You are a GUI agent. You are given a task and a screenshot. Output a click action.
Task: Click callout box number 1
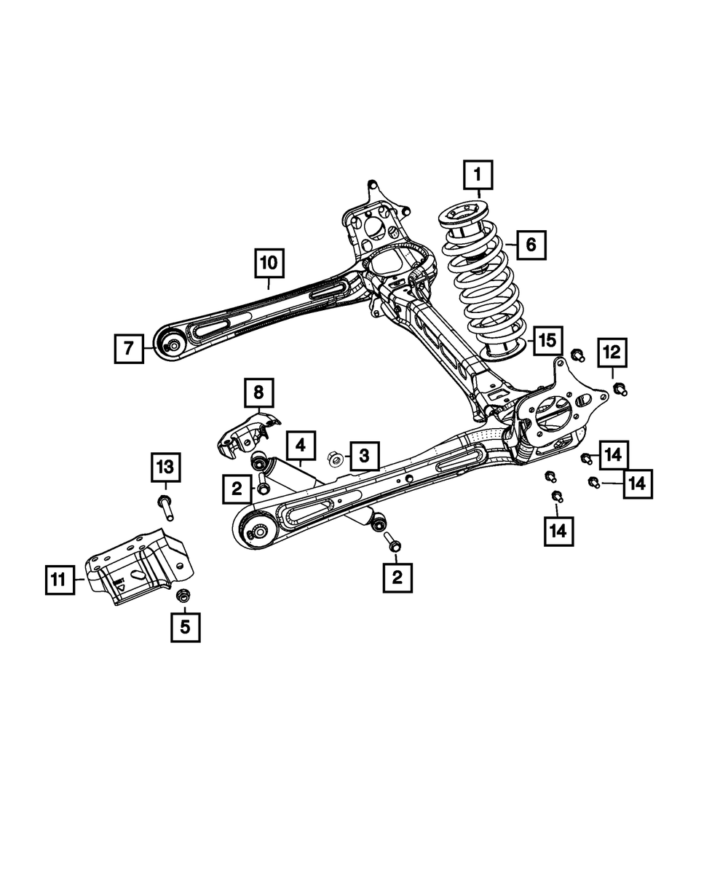pos(478,175)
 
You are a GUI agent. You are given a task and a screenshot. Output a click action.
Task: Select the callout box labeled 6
pos(531,245)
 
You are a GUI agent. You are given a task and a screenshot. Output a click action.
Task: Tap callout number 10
pos(269,264)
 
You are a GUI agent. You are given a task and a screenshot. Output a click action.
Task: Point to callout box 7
pos(129,349)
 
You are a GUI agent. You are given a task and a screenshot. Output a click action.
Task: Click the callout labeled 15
pos(547,340)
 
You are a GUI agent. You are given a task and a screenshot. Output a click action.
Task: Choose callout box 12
pos(612,352)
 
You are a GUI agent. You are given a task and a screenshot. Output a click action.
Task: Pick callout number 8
pos(258,393)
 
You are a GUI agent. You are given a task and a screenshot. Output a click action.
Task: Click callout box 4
pos(301,446)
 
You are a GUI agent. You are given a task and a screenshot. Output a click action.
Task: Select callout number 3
pos(365,456)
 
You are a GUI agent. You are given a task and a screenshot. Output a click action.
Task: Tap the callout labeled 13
pos(166,467)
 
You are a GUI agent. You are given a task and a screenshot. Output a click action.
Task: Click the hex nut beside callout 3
pos(336,459)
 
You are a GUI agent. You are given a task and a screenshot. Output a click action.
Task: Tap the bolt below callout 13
pos(166,508)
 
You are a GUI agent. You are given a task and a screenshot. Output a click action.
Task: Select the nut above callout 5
pos(183,595)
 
